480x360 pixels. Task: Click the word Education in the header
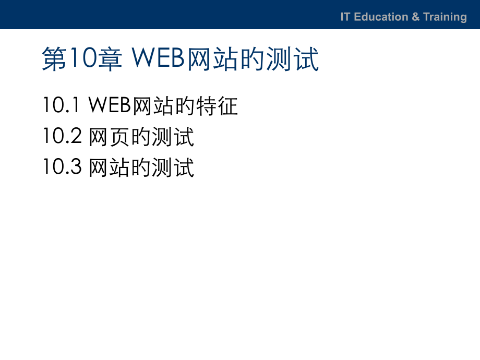pyautogui.click(x=381, y=17)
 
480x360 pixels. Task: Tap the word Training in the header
pyautogui.click(x=445, y=17)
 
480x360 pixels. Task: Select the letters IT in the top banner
pyautogui.click(x=345, y=17)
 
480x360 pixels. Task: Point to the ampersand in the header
pyautogui.click(x=415, y=17)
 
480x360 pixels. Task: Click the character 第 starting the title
pyautogui.click(x=54, y=59)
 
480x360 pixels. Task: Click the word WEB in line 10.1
pyautogui.click(x=110, y=106)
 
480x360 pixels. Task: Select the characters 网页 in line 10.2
pyautogui.click(x=110, y=137)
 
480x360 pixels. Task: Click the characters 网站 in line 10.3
pyautogui.click(x=110, y=167)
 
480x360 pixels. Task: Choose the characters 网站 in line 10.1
pyautogui.click(x=154, y=106)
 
